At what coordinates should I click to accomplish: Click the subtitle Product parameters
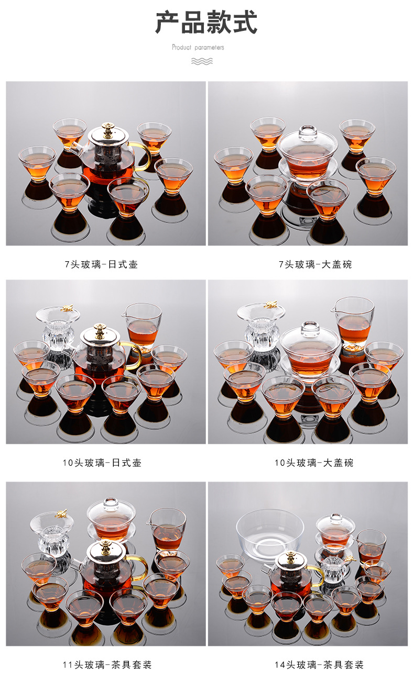[198, 48]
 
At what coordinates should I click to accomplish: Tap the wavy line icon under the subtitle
[202, 61]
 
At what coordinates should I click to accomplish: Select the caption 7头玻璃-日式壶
[101, 264]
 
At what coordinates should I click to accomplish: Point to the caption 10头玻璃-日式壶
[102, 463]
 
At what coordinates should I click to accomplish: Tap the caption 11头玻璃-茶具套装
[106, 665]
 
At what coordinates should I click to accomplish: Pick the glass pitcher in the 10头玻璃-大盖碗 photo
[354, 320]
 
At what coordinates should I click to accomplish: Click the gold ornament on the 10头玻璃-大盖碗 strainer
[270, 305]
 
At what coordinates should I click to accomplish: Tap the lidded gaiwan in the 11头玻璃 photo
[111, 518]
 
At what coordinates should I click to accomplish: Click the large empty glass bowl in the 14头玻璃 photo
[270, 533]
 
